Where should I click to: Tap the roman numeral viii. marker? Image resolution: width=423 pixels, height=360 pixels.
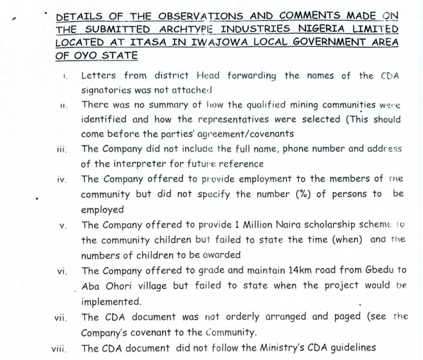coord(60,349)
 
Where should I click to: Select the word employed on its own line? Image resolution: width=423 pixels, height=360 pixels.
coord(102,210)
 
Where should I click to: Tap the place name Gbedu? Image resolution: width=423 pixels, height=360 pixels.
coord(381,270)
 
